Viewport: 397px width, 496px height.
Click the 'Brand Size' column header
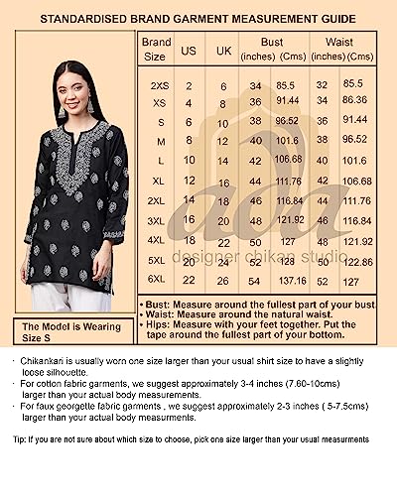pyautogui.click(x=157, y=50)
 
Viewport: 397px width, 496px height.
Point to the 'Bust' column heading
pyautogui.click(x=273, y=42)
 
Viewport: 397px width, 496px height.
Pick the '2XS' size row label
pyautogui.click(x=157, y=86)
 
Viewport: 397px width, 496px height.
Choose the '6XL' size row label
pyautogui.click(x=157, y=281)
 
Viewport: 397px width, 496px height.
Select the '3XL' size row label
pyautogui.click(x=157, y=219)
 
